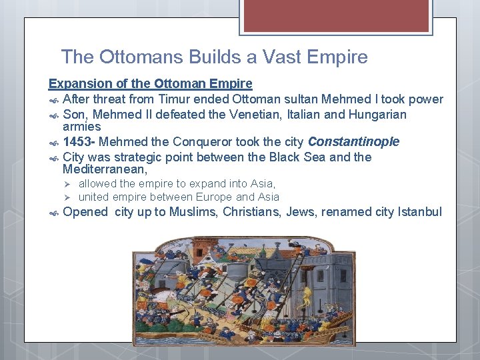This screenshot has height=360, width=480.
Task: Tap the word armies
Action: tap(81, 127)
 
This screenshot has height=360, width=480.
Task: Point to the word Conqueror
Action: tap(199, 142)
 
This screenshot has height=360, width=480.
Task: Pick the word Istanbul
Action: tap(419, 213)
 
